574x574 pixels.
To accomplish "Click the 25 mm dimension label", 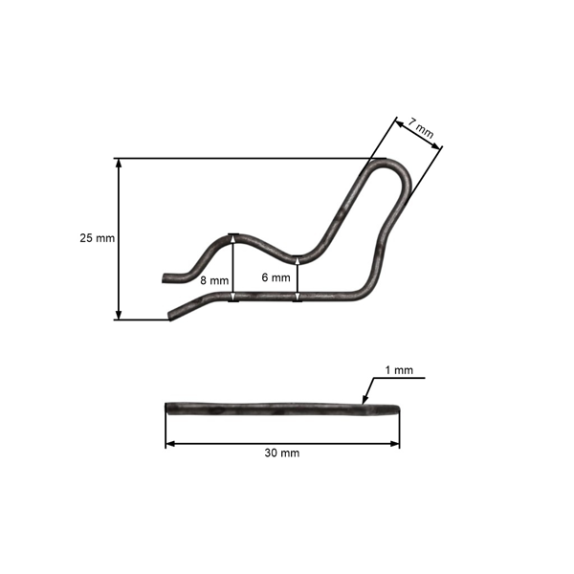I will [x=97, y=237].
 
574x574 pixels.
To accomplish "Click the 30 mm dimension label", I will [x=282, y=453].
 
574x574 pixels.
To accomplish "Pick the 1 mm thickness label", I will [x=398, y=369].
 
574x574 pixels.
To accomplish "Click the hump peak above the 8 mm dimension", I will [x=233, y=235].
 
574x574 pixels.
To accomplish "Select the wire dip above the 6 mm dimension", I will [x=298, y=257].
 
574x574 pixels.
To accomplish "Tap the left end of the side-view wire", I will [x=167, y=408].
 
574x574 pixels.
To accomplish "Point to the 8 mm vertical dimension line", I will [x=233, y=269].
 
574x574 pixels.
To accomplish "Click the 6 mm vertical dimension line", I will [x=298, y=279].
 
